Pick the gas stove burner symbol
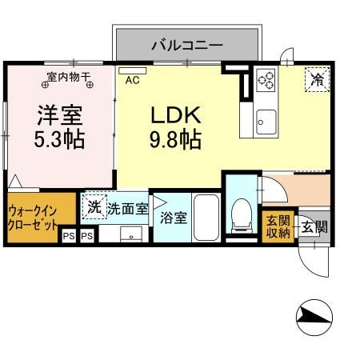[265, 81]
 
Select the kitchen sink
[265, 123]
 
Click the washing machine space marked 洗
[95, 207]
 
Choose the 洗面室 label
[127, 210]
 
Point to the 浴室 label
[172, 216]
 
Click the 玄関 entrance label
[314, 227]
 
